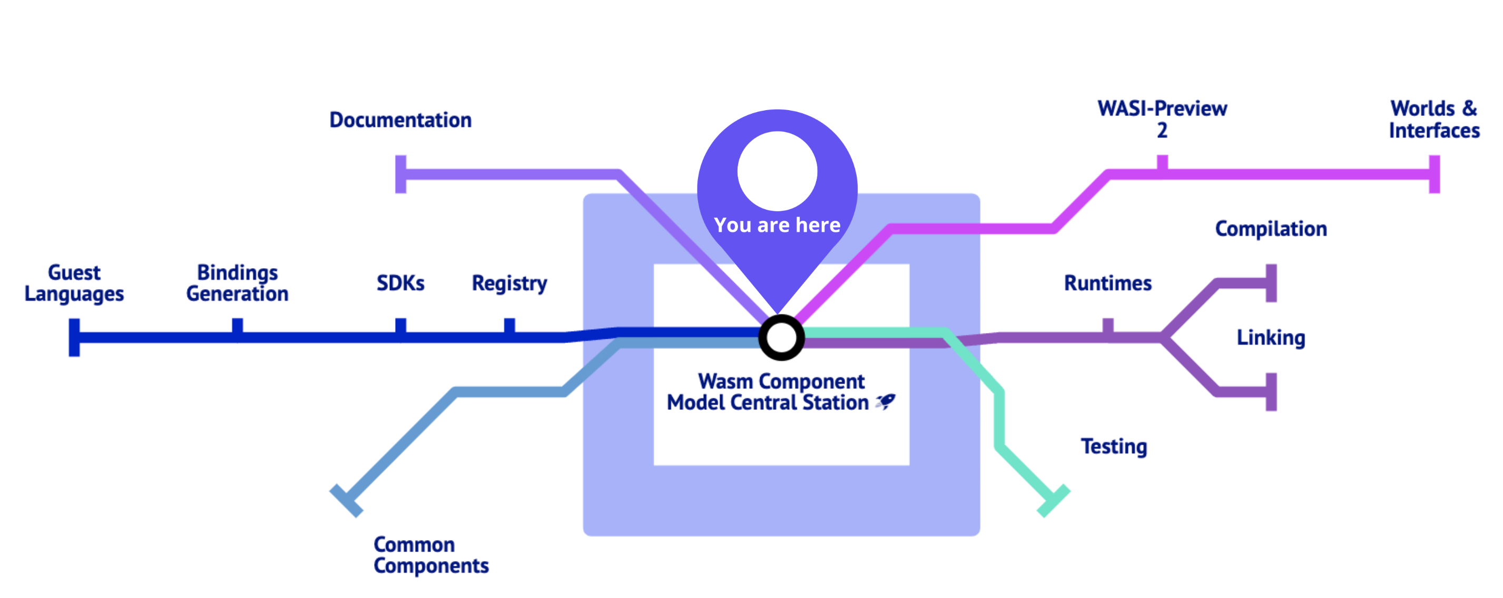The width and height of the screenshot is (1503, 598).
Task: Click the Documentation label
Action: coord(400,120)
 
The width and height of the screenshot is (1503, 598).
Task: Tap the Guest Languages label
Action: coord(74,283)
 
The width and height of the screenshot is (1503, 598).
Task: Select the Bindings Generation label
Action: coord(238,283)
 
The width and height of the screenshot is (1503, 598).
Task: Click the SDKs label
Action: coord(400,283)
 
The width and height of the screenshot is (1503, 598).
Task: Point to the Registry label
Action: coord(509,283)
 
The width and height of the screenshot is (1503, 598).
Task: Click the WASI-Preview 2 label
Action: coord(1162,119)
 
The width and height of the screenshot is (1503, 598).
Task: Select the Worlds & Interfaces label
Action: coord(1434,119)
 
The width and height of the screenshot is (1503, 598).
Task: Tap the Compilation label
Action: coord(1271,229)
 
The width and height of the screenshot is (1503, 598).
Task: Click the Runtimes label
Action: coord(1107,283)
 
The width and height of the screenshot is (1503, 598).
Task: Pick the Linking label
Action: coord(1271,337)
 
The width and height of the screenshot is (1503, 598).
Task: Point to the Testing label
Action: coord(1114,446)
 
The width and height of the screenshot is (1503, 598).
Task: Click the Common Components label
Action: coord(431,555)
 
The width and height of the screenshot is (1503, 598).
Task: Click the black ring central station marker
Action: coord(781,337)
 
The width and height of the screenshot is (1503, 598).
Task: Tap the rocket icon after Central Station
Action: coord(886,401)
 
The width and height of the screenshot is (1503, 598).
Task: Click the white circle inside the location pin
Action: coord(777,171)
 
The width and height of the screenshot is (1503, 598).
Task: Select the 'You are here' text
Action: coord(777,225)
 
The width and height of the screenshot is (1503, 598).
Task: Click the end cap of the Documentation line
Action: coord(400,174)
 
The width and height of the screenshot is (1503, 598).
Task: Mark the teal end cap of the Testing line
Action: coord(1053,501)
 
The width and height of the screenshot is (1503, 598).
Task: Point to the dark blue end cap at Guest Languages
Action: coord(74,337)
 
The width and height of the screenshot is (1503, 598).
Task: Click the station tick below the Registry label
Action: coord(509,327)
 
